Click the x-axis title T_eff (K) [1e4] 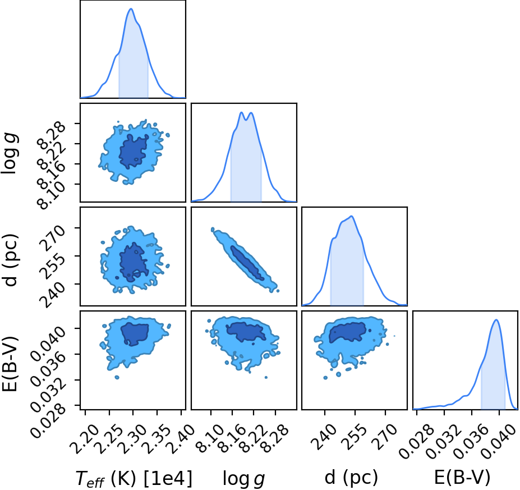point(134,479)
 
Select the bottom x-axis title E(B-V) point(462,478)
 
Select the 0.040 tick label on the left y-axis point(48,343)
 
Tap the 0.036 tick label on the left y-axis point(48,369)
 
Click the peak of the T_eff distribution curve point(131,8)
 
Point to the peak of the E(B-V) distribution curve point(496,320)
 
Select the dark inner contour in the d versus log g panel point(247,263)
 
